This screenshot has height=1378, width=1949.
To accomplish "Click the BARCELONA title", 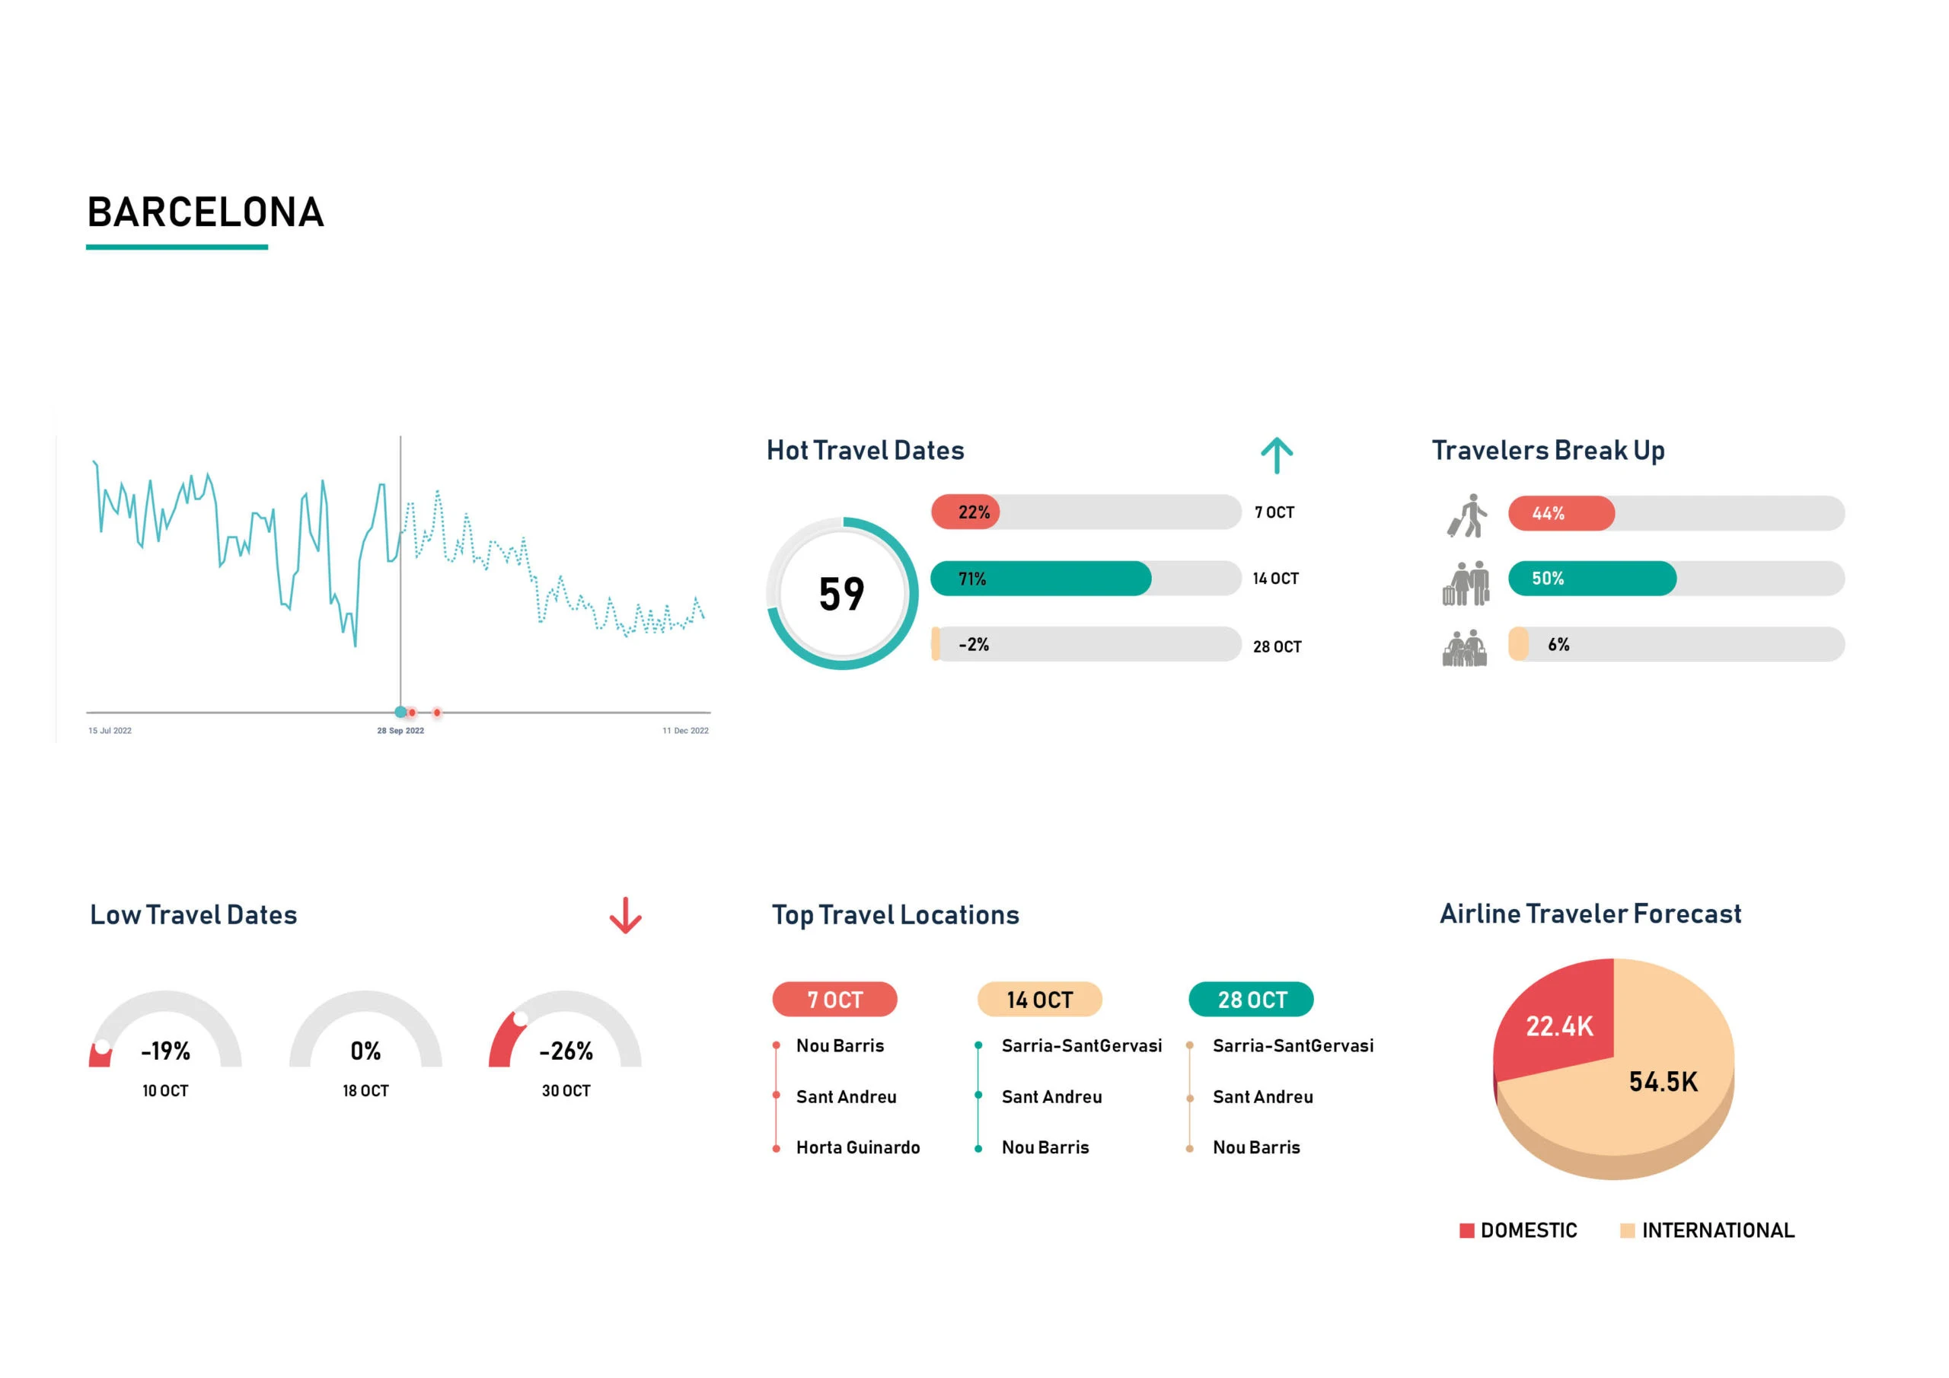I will [x=206, y=212].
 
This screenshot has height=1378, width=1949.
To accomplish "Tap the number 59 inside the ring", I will [x=841, y=595].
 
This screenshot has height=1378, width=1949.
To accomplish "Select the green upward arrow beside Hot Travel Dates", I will [x=1276, y=455].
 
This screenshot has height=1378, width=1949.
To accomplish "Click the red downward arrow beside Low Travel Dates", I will [x=626, y=915].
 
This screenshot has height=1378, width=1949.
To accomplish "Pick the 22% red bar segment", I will [x=967, y=512].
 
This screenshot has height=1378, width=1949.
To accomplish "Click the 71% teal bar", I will [x=1040, y=578].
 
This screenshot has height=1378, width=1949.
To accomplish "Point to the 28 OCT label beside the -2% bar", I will [x=1277, y=647].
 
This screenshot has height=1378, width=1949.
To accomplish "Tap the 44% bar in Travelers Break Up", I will [x=1560, y=513].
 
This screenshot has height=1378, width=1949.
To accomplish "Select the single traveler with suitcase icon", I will [x=1467, y=515].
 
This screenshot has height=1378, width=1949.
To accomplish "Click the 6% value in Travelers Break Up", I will [x=1558, y=644].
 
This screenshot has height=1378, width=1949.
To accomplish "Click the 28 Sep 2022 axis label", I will [x=400, y=730].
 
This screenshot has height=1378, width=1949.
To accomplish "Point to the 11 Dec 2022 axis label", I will [x=685, y=730].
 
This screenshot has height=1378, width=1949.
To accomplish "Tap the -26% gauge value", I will [x=566, y=1051].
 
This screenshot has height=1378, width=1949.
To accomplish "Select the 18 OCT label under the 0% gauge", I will [x=366, y=1091].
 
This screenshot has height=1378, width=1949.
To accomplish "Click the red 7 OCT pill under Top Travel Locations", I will [x=834, y=1000].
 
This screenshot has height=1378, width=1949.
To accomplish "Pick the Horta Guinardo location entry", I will [x=857, y=1148].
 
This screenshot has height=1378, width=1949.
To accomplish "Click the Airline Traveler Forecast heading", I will [x=1590, y=914].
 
